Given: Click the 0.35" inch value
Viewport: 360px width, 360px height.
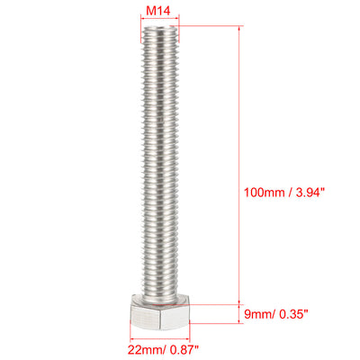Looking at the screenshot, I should click(x=294, y=313).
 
